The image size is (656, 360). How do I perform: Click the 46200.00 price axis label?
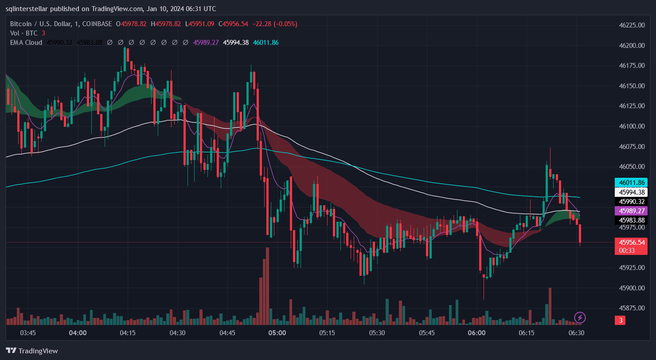[x=631, y=45]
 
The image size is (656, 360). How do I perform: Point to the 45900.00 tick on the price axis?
[x=631, y=288]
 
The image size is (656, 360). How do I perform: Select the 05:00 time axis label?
[x=277, y=333]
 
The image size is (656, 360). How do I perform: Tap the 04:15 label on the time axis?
[x=128, y=333]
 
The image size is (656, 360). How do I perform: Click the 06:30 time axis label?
[x=576, y=333]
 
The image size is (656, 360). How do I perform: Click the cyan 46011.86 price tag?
[x=631, y=182]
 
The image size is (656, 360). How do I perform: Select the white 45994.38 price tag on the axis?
[x=631, y=192]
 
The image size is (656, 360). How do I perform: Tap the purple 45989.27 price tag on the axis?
[x=631, y=211]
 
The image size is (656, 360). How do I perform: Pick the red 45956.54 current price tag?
[x=631, y=243]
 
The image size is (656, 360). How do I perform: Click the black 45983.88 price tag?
[x=631, y=220]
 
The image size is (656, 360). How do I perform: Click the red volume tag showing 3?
[x=621, y=320]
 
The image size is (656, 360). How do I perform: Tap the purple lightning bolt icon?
[x=580, y=317]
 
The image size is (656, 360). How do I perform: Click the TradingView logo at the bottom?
[x=32, y=351]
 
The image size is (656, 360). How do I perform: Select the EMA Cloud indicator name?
[x=26, y=43]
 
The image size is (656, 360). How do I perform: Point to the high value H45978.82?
[x=166, y=24]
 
